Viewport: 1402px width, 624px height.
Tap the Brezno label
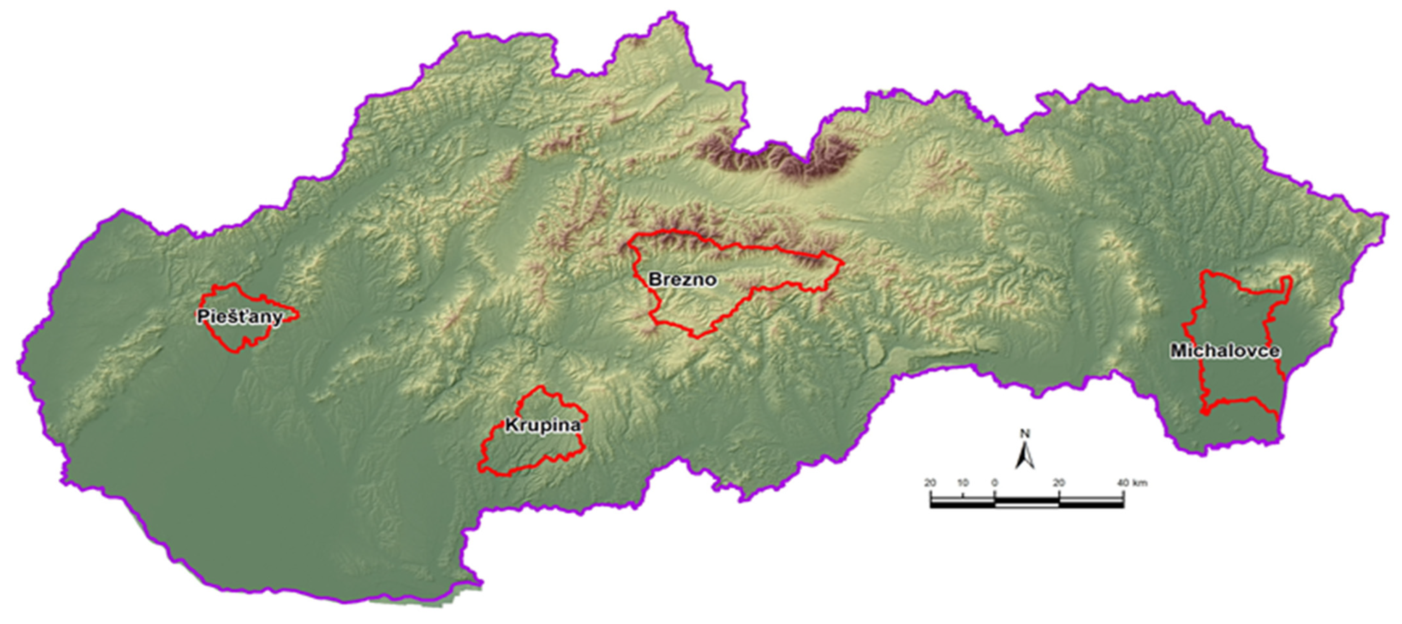[x=682, y=280]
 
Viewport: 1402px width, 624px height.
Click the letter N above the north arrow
[x=1025, y=433]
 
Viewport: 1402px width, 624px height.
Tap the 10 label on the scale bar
[x=963, y=483]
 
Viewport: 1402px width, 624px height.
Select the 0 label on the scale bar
[x=994, y=483]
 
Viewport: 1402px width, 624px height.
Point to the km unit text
[x=1139, y=483]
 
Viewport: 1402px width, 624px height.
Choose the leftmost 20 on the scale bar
[x=930, y=483]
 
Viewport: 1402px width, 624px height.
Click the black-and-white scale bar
[x=1027, y=502]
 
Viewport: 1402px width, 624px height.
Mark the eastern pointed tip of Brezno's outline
[x=842, y=263]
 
